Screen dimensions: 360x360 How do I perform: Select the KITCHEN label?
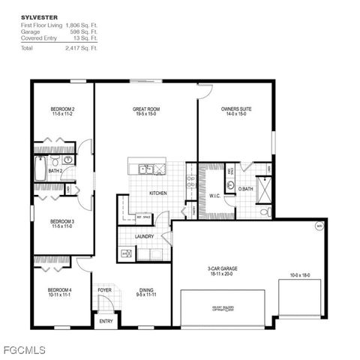coord(157,193)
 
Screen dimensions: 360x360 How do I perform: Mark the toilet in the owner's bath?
coord(264,212)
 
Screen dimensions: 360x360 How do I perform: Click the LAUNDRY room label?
coord(144,236)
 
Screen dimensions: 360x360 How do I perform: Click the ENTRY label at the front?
coord(106,322)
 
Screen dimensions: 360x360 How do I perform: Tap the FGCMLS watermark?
coord(25,349)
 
